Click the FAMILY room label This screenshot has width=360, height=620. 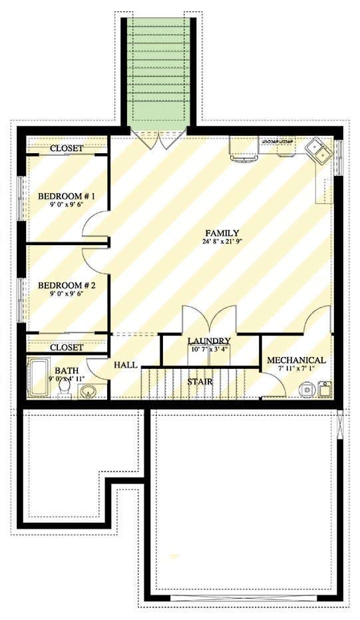point(222,232)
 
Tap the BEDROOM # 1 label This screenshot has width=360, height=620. point(67,196)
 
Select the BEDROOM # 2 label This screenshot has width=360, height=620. point(67,285)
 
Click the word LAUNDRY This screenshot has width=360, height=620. point(209,340)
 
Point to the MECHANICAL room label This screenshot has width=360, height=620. point(296,360)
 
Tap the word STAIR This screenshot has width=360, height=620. point(199,382)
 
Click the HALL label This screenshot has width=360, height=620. point(125,366)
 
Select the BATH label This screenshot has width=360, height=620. point(67,370)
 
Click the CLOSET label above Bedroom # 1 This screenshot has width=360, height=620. point(67,148)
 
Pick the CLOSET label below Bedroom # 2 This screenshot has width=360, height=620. point(67,348)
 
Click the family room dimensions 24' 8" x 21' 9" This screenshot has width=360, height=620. point(222,242)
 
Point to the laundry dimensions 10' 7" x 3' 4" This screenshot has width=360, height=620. point(209,349)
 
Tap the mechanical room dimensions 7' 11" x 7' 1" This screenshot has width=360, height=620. point(296,370)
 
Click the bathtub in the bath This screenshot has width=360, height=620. point(37,379)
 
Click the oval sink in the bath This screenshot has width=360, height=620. point(88,390)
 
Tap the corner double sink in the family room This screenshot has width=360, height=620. point(319,151)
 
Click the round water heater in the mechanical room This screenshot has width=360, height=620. point(307,389)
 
